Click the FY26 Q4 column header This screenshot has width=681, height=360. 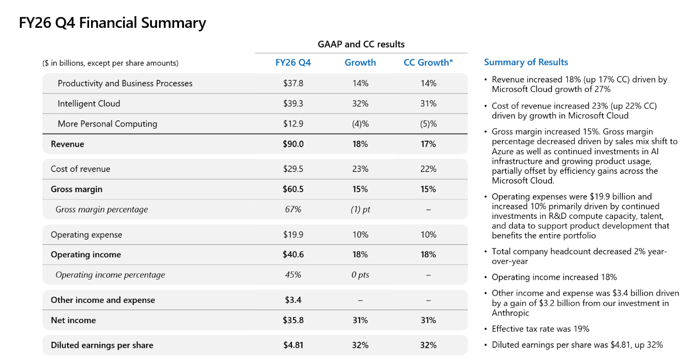[293, 63]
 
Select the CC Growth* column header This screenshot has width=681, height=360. [428, 63]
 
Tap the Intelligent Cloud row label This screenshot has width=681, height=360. [89, 104]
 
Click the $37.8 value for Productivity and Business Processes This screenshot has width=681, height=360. [293, 83]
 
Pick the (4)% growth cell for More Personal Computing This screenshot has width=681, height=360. [360, 124]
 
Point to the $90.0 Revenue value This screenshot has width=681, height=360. [293, 144]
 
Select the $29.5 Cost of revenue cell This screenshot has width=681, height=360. [293, 169]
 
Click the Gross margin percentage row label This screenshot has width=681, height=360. [102, 210]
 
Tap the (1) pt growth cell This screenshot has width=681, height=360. [360, 210]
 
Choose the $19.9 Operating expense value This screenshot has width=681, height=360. [293, 235]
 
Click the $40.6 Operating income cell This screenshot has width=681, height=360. [293, 255]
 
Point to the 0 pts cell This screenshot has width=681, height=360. [360, 275]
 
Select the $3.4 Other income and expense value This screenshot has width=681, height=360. [293, 300]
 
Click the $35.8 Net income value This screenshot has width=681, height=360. [293, 320]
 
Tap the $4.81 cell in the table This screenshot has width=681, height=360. [293, 345]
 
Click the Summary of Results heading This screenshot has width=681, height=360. [526, 62]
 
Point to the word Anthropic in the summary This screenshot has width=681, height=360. [510, 313]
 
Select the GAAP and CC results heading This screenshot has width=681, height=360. [361, 44]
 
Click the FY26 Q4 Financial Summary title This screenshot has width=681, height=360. [112, 23]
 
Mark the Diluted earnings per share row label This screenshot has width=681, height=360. [102, 345]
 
